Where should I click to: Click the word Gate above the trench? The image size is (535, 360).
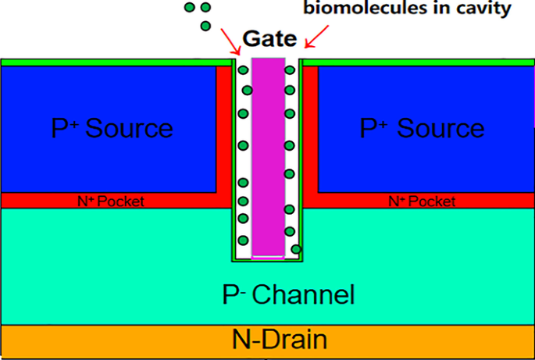coord(268,37)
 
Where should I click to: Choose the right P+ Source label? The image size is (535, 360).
coord(422,128)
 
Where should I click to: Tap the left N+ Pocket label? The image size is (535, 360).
coord(112,201)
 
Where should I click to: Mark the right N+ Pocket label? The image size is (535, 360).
coord(422,201)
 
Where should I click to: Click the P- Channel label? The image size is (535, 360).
coord(288,294)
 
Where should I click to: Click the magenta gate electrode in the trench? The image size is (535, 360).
coord(267,156)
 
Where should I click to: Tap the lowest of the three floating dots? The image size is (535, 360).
coord(205,26)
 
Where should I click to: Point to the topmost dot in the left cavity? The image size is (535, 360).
coord(243,71)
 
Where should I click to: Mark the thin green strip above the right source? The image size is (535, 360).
coord(418,62)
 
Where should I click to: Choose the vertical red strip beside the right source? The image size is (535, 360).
coord(311,129)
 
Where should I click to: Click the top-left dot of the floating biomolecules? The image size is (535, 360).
coord(190,8)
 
